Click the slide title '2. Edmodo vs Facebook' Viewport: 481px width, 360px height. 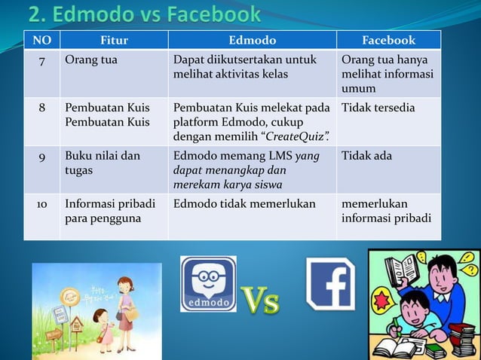(x=144, y=14)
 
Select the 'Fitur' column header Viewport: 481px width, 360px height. (x=114, y=40)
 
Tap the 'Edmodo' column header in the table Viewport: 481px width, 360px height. (x=252, y=40)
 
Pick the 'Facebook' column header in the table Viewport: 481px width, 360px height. (x=388, y=40)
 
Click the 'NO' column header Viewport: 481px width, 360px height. (x=41, y=40)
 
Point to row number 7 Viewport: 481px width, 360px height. (x=41, y=60)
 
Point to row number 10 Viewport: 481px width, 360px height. (x=41, y=204)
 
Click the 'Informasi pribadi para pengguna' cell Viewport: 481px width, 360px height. (x=110, y=212)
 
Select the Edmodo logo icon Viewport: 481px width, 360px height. (x=207, y=284)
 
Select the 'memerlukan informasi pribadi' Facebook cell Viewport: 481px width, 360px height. (x=385, y=212)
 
